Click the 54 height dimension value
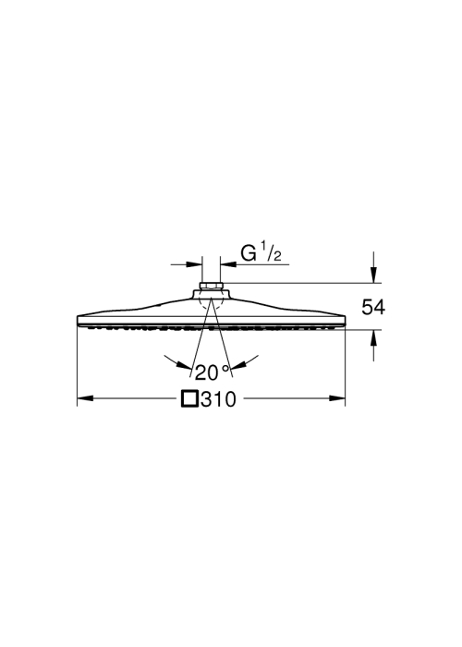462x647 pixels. [373, 308]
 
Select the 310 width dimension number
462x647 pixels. [219, 399]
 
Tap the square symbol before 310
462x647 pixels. [190, 399]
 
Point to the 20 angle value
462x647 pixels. [206, 372]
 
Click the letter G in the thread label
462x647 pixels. [249, 253]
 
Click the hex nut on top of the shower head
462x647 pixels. [211, 286]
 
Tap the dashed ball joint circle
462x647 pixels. [211, 300]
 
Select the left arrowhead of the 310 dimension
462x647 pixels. [85, 398]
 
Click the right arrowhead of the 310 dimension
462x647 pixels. [337, 398]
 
